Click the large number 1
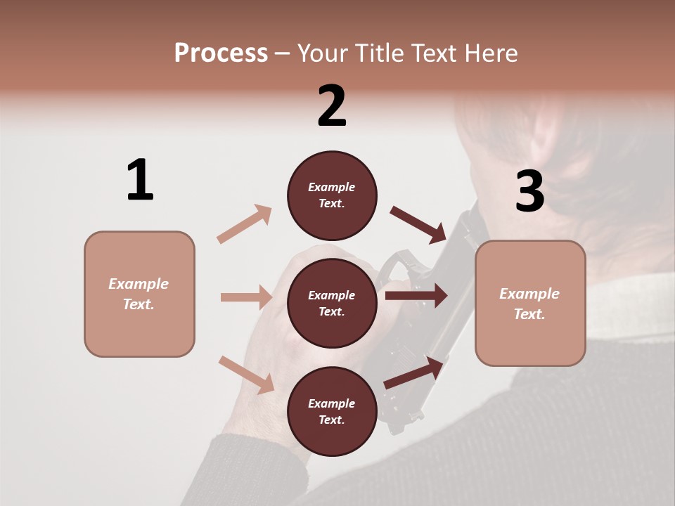(140, 181)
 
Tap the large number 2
(332, 106)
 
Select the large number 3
(529, 192)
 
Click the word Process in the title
(221, 53)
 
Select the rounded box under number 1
(139, 294)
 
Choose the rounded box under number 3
(530, 304)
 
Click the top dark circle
(332, 195)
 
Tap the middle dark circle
(332, 303)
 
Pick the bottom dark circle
(332, 411)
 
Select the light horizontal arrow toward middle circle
(247, 297)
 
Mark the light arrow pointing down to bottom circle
(247, 375)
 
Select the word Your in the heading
(323, 53)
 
